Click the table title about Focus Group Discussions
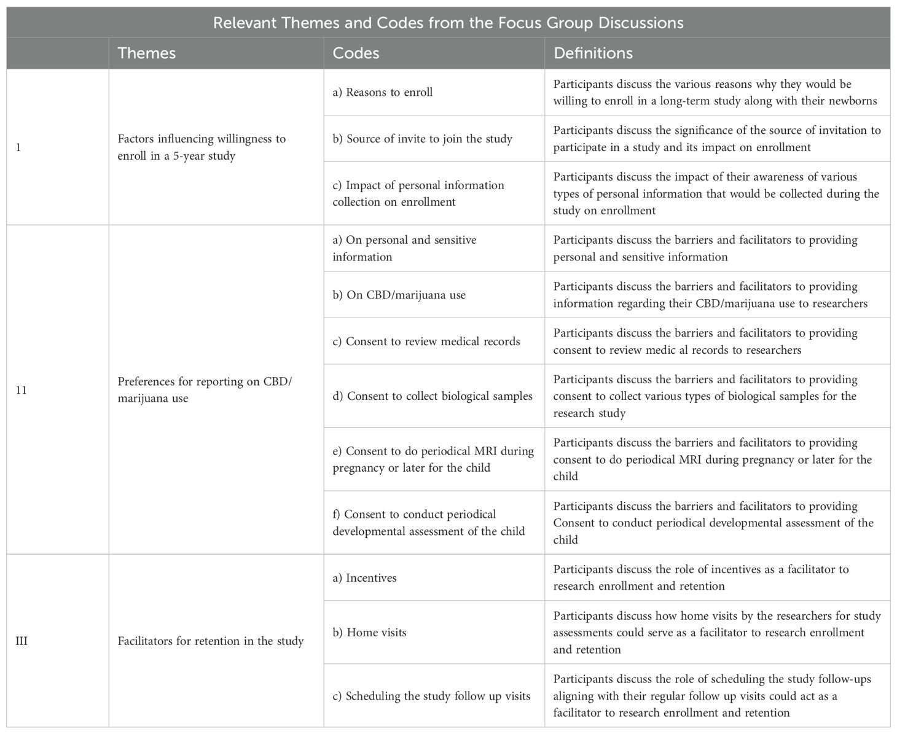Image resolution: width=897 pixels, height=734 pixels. (x=448, y=23)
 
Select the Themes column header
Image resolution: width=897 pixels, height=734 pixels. (x=146, y=53)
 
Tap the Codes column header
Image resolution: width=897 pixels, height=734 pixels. (x=356, y=53)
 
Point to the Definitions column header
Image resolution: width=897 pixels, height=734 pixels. (x=593, y=53)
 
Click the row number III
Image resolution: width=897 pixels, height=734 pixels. (x=22, y=641)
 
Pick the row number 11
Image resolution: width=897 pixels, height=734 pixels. (x=22, y=389)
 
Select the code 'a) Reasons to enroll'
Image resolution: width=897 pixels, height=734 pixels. (x=383, y=92)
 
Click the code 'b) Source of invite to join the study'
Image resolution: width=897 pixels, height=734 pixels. (x=422, y=138)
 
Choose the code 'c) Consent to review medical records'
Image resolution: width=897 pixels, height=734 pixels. (x=426, y=342)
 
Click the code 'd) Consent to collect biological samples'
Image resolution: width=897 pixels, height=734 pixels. (x=433, y=396)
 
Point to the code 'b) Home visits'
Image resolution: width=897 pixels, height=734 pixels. (x=369, y=632)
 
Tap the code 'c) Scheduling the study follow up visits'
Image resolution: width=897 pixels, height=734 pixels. (x=431, y=696)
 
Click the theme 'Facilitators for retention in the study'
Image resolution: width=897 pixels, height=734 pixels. (x=211, y=641)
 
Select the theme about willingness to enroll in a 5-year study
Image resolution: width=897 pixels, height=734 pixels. (x=202, y=147)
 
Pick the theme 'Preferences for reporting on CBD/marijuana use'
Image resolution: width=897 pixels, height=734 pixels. (x=205, y=389)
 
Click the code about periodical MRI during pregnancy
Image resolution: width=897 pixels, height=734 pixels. (x=433, y=459)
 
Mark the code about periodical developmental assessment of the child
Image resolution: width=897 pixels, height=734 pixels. (x=429, y=522)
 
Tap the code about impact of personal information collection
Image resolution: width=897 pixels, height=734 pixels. (x=418, y=193)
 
